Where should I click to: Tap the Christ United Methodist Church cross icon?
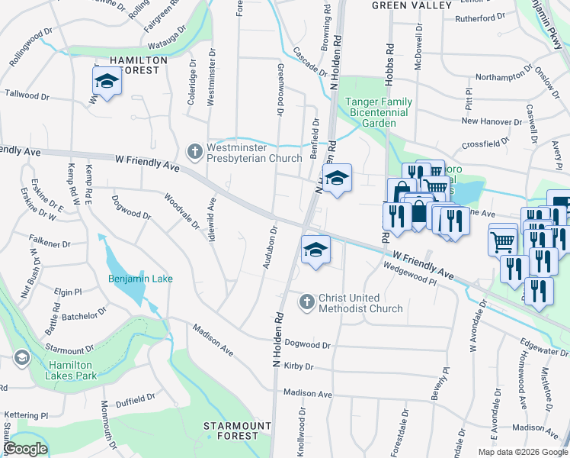pos(306,302)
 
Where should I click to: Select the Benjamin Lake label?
pos(140,279)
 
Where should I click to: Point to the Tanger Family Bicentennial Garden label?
pos(379,112)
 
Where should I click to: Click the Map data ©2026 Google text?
pos(522,452)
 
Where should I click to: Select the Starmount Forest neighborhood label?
pos(237,431)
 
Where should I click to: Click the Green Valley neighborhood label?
pos(412,5)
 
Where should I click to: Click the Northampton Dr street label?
pos(496,76)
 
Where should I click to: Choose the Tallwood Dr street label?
pos(27,97)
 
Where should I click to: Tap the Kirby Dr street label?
pos(299,366)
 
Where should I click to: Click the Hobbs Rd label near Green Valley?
pos(389,56)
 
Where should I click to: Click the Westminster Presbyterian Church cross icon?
pos(194,150)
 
